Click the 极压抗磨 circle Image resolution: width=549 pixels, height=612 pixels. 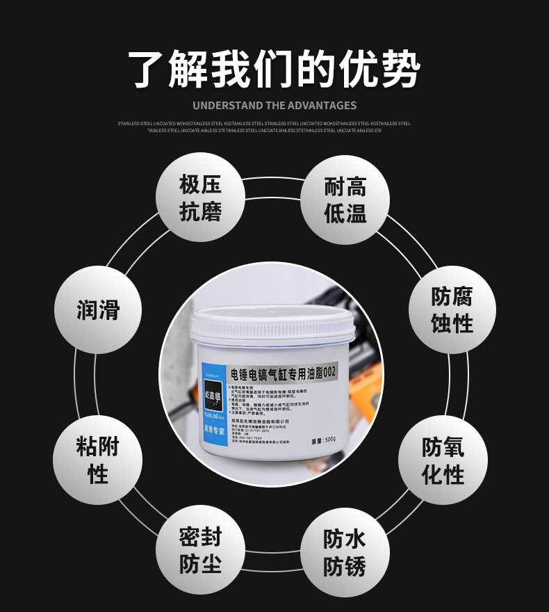(x=200, y=198)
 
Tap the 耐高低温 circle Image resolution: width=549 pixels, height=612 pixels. (x=345, y=199)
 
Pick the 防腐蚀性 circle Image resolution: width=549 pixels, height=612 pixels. (x=452, y=309)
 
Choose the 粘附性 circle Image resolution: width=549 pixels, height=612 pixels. (x=97, y=460)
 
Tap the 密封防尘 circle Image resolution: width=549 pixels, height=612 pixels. (x=200, y=550)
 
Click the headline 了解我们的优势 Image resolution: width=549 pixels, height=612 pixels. (x=274, y=70)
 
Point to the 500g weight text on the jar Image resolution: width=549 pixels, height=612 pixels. (x=324, y=439)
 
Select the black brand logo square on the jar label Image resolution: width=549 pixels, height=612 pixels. (x=214, y=394)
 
